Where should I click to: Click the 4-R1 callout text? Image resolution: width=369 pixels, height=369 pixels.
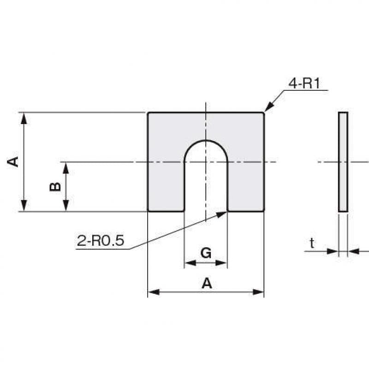pyautogui.click(x=304, y=83)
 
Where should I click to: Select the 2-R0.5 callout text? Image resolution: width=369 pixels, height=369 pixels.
pyautogui.click(x=101, y=240)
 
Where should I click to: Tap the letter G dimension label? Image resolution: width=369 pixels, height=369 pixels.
pyautogui.click(x=206, y=253)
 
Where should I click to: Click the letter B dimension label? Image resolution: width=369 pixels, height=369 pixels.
pyautogui.click(x=55, y=187)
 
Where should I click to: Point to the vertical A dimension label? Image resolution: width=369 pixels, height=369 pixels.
pyautogui.click(x=13, y=162)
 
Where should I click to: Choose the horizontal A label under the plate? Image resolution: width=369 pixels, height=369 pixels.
pyautogui.click(x=207, y=283)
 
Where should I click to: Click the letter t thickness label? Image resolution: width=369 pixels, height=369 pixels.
pyautogui.click(x=312, y=243)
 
